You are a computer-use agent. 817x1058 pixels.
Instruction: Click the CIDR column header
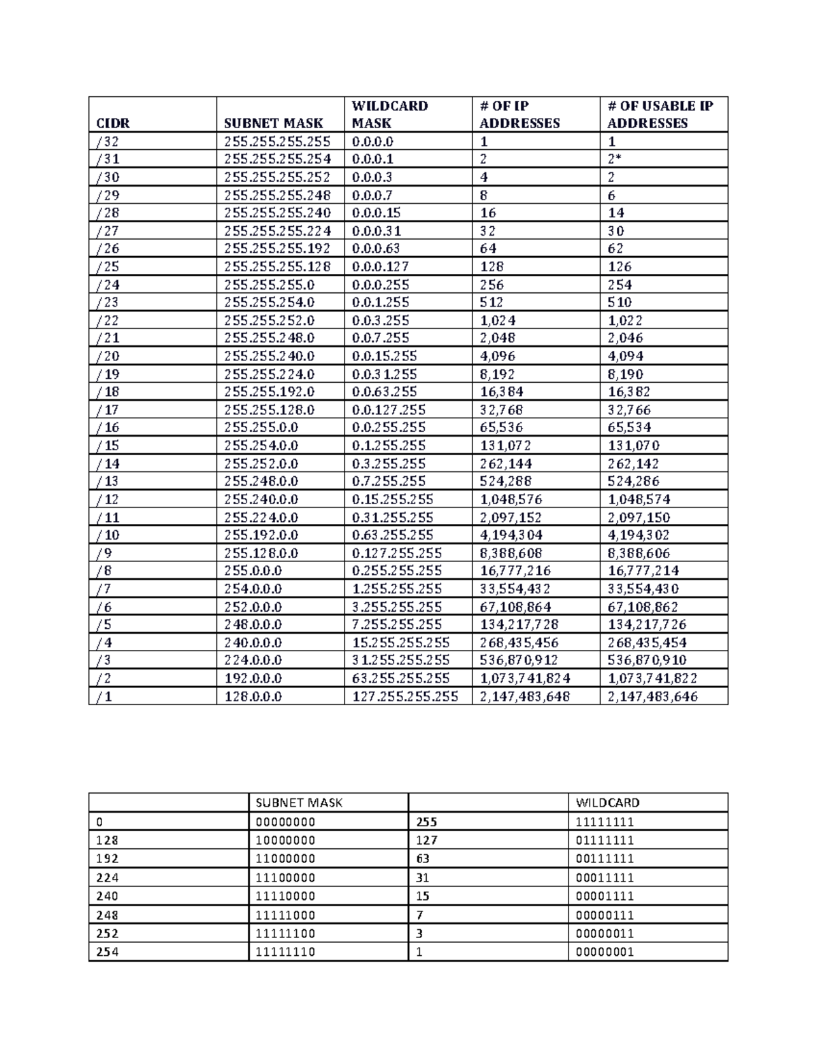click(x=113, y=123)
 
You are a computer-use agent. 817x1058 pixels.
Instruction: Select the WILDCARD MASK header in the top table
click(x=389, y=114)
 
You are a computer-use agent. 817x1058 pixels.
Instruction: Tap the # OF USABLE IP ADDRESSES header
click(x=660, y=114)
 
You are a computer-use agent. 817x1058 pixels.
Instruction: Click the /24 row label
click(x=108, y=285)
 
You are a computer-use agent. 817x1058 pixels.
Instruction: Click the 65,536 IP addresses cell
click(x=500, y=427)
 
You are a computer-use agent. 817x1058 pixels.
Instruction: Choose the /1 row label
click(x=104, y=696)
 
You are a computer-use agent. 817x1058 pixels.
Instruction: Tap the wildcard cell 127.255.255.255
click(x=405, y=696)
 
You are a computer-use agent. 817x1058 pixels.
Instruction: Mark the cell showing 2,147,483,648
click(x=525, y=696)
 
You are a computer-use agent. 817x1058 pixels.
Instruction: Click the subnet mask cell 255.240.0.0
click(x=261, y=499)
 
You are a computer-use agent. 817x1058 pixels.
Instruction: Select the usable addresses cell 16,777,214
click(x=643, y=571)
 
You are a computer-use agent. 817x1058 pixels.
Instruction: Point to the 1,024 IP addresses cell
click(x=498, y=320)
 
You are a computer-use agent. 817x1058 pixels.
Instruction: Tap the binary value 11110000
click(x=285, y=897)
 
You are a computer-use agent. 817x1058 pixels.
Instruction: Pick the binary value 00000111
click(x=605, y=915)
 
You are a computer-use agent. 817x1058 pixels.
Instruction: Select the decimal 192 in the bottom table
click(x=108, y=859)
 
